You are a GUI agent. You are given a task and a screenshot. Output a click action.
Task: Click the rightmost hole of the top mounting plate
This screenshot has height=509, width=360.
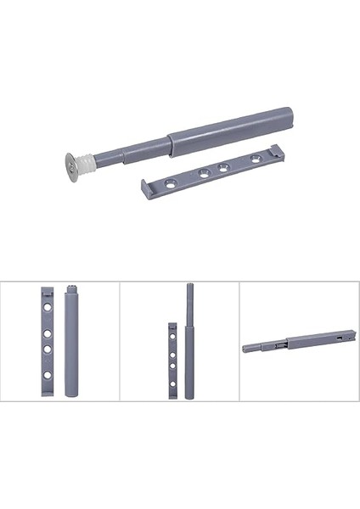253,159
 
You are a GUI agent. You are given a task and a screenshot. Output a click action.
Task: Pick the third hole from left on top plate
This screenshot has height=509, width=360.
225,167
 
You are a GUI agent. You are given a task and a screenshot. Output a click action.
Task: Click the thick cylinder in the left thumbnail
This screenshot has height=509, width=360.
71,348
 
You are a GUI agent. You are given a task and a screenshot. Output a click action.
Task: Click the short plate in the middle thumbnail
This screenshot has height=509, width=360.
172,360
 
